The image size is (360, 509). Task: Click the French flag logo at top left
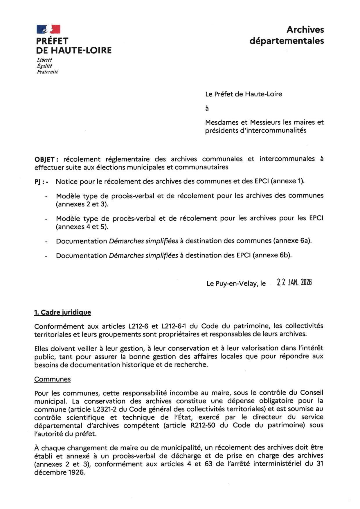click(48, 29)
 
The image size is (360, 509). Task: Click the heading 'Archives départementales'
click(287, 35)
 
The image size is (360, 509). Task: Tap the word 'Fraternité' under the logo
click(47, 72)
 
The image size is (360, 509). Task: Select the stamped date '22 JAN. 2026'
click(294, 282)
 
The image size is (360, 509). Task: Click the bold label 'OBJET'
click(44, 159)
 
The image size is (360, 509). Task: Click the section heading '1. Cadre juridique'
click(62, 312)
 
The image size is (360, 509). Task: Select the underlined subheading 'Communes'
click(52, 379)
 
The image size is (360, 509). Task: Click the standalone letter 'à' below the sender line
click(207, 109)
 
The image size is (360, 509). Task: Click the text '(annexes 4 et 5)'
click(82, 227)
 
